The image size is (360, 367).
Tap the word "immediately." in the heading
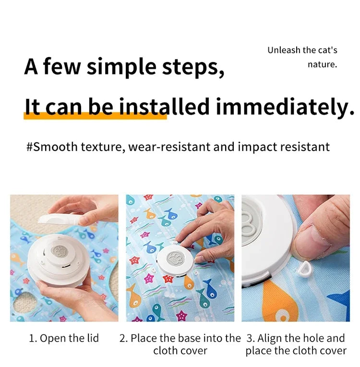pos(285,107)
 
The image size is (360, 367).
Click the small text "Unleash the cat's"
pos(302,50)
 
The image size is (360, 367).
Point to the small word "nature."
pos(322,64)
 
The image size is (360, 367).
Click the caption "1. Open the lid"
pos(64,338)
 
